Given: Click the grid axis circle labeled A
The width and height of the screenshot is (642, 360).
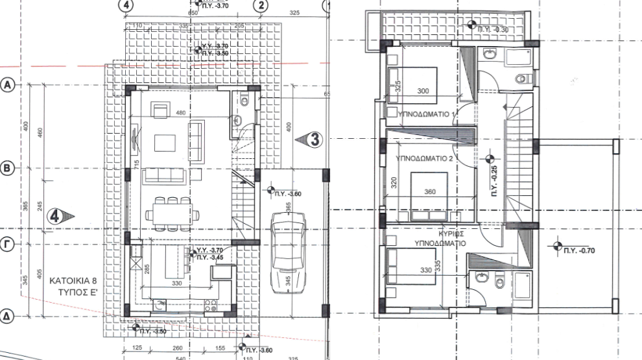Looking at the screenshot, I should coord(8,84).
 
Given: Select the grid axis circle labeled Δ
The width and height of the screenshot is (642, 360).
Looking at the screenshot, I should coord(8,317).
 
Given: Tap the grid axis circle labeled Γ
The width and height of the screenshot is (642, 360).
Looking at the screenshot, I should coord(8,245).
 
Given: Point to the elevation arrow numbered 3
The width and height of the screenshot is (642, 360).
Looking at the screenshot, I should coord(313,138).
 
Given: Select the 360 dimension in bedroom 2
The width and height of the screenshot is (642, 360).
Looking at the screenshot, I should coord(429,192).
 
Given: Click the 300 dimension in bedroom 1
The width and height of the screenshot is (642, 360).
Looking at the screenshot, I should coord(423,91).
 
